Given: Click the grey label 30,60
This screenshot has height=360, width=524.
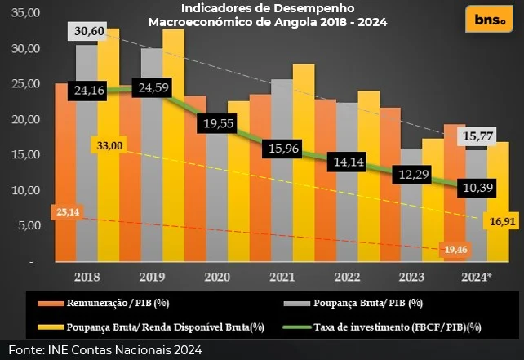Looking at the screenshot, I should click(91, 31).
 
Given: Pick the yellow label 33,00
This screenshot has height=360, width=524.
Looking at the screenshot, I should click(109, 145).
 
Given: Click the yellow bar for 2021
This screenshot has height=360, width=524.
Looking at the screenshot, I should click(304, 163).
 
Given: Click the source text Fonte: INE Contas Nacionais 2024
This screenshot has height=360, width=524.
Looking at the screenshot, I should click(104, 350).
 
